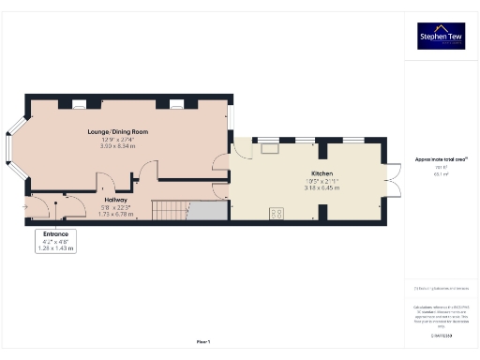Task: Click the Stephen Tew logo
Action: point(441,36)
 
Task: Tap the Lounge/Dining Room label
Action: point(119,132)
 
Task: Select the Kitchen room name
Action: point(322,174)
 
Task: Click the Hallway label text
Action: point(116,200)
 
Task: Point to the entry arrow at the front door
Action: point(23,205)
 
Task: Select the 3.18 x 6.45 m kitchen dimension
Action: point(322,188)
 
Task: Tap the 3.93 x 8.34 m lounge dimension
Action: point(119,146)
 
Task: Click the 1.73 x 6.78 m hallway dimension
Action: point(116,214)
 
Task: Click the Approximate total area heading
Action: point(441,159)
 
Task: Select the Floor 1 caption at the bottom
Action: point(203,343)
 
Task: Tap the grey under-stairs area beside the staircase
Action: point(212,210)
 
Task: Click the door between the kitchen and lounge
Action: point(221,160)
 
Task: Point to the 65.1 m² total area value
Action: point(441,174)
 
